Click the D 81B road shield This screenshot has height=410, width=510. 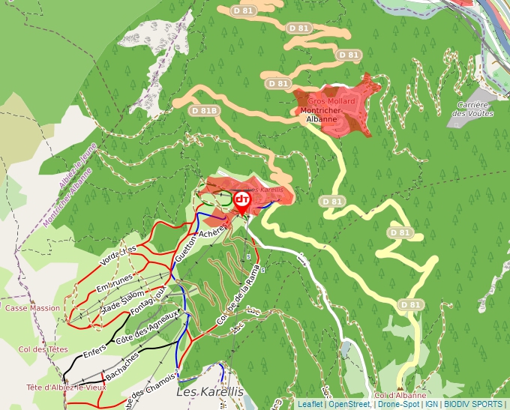pyautogui.click(x=204, y=110)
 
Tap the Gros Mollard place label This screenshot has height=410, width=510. pyautogui.click(x=331, y=101)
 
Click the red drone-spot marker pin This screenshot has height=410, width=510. pyautogui.click(x=242, y=200)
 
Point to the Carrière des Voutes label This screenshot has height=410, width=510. pyautogui.click(x=472, y=109)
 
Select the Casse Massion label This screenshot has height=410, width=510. pyautogui.click(x=32, y=308)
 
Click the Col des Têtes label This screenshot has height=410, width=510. pyautogui.click(x=43, y=349)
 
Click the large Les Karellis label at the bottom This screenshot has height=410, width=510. pyautogui.click(x=210, y=391)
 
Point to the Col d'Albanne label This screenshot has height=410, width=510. pyautogui.click(x=400, y=395)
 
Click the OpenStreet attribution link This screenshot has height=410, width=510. pyautogui.click(x=349, y=404)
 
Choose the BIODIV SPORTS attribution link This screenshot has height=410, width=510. pyautogui.click(x=473, y=404)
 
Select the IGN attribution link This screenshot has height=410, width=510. pyautogui.click(x=431, y=404)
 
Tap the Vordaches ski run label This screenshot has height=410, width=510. pyautogui.click(x=118, y=255)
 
